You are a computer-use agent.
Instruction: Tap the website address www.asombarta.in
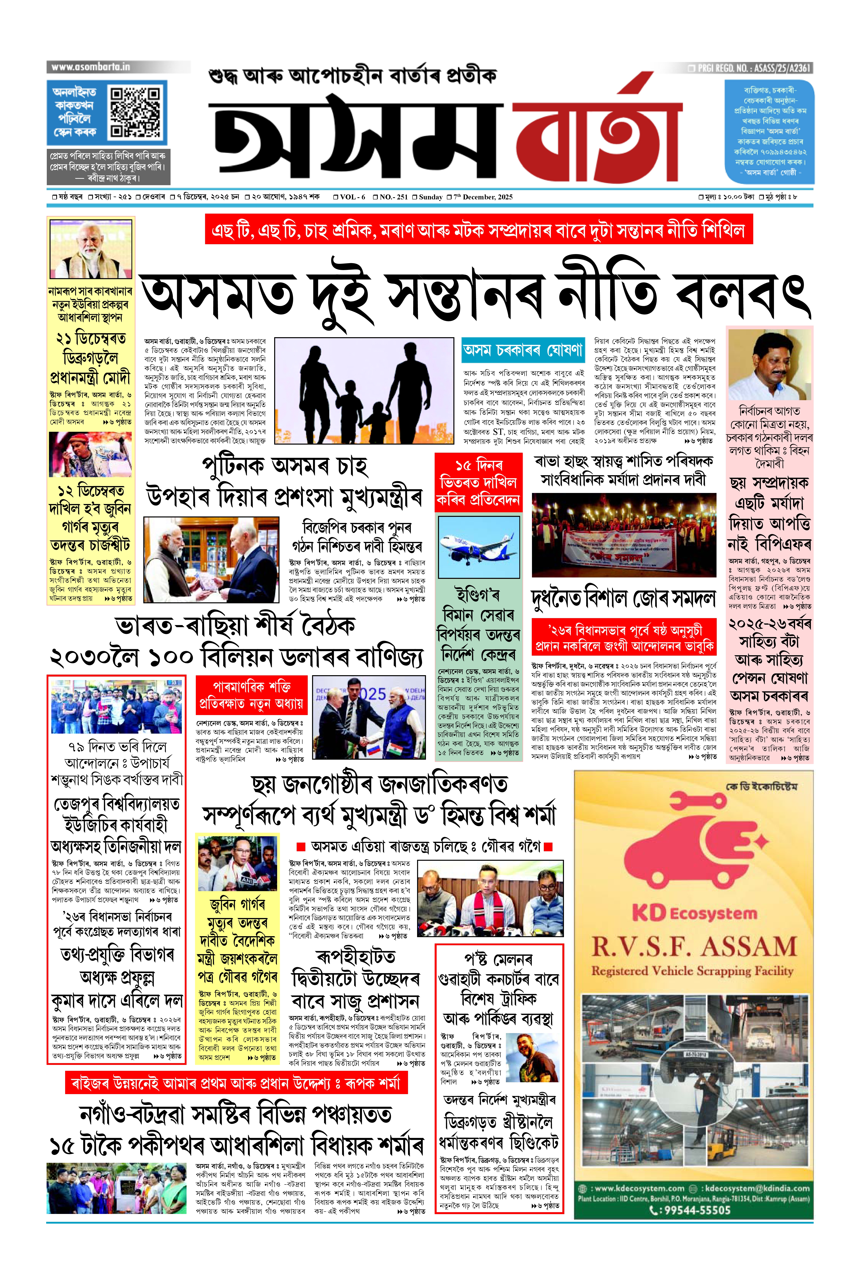tap(91, 67)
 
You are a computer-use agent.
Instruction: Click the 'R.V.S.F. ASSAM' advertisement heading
tap(694, 947)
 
